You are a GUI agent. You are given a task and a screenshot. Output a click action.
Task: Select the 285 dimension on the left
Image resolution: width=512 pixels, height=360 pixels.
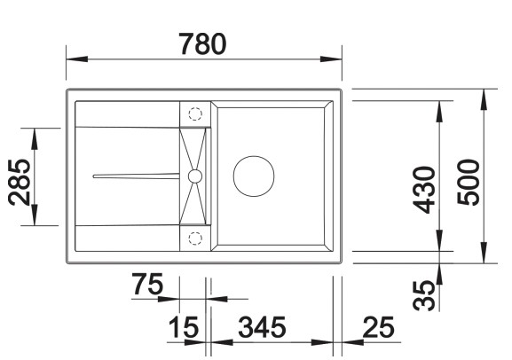pyautogui.click(x=20, y=178)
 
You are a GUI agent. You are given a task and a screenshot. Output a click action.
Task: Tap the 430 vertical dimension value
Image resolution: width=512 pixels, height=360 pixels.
pyautogui.click(x=425, y=190)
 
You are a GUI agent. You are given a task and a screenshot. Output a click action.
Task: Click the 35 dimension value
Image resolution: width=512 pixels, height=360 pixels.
pyautogui.click(x=426, y=293)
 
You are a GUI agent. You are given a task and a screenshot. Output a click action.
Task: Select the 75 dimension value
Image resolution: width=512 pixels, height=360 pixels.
pyautogui.click(x=148, y=286)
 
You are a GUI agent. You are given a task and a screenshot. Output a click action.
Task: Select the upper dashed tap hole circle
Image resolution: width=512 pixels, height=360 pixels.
pyautogui.click(x=195, y=114)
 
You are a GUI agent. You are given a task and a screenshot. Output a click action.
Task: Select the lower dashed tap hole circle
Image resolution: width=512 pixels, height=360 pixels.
pyautogui.click(x=195, y=236)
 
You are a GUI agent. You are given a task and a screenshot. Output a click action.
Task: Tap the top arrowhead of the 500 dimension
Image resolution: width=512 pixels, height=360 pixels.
pyautogui.click(x=484, y=96)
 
